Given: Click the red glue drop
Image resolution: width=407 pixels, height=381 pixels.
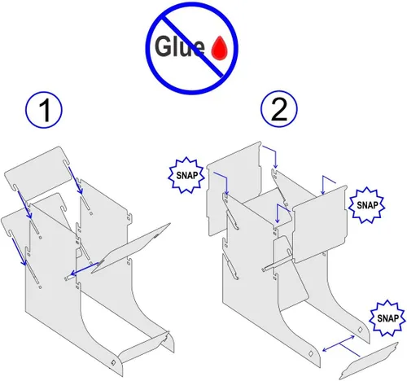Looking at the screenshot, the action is (x=220, y=48).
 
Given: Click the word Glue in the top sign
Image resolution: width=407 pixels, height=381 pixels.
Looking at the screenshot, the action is (x=179, y=46).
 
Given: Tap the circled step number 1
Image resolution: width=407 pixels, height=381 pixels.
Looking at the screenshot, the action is (x=44, y=110).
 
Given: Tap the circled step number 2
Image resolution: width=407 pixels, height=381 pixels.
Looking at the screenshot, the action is (x=279, y=109).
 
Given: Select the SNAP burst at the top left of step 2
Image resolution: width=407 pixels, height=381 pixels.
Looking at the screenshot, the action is (x=186, y=175).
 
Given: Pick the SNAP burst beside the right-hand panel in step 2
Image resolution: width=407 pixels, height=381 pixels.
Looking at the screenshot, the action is (x=366, y=205).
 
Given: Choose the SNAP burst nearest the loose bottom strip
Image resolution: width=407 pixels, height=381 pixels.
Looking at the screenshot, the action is (x=388, y=318).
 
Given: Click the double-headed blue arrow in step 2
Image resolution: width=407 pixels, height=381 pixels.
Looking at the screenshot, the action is (x=339, y=344).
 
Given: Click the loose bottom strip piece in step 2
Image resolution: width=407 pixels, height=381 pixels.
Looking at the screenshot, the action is (x=369, y=361).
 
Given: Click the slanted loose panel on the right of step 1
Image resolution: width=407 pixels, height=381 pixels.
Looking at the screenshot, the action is (x=131, y=248).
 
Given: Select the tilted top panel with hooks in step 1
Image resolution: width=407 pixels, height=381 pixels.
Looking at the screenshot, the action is (x=37, y=170).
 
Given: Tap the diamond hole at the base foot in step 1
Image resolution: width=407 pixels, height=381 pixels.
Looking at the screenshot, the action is (x=113, y=362).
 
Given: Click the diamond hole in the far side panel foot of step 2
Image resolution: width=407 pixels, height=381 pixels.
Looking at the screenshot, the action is (x=361, y=330).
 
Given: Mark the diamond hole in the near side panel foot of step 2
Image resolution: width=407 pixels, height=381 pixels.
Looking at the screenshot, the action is (x=311, y=353).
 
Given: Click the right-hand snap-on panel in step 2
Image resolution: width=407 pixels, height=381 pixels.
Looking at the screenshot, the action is (x=320, y=224).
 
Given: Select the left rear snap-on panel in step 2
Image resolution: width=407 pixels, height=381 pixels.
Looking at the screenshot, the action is (x=234, y=187).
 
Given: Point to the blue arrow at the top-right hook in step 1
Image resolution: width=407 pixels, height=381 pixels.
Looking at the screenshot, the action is (x=76, y=181).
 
